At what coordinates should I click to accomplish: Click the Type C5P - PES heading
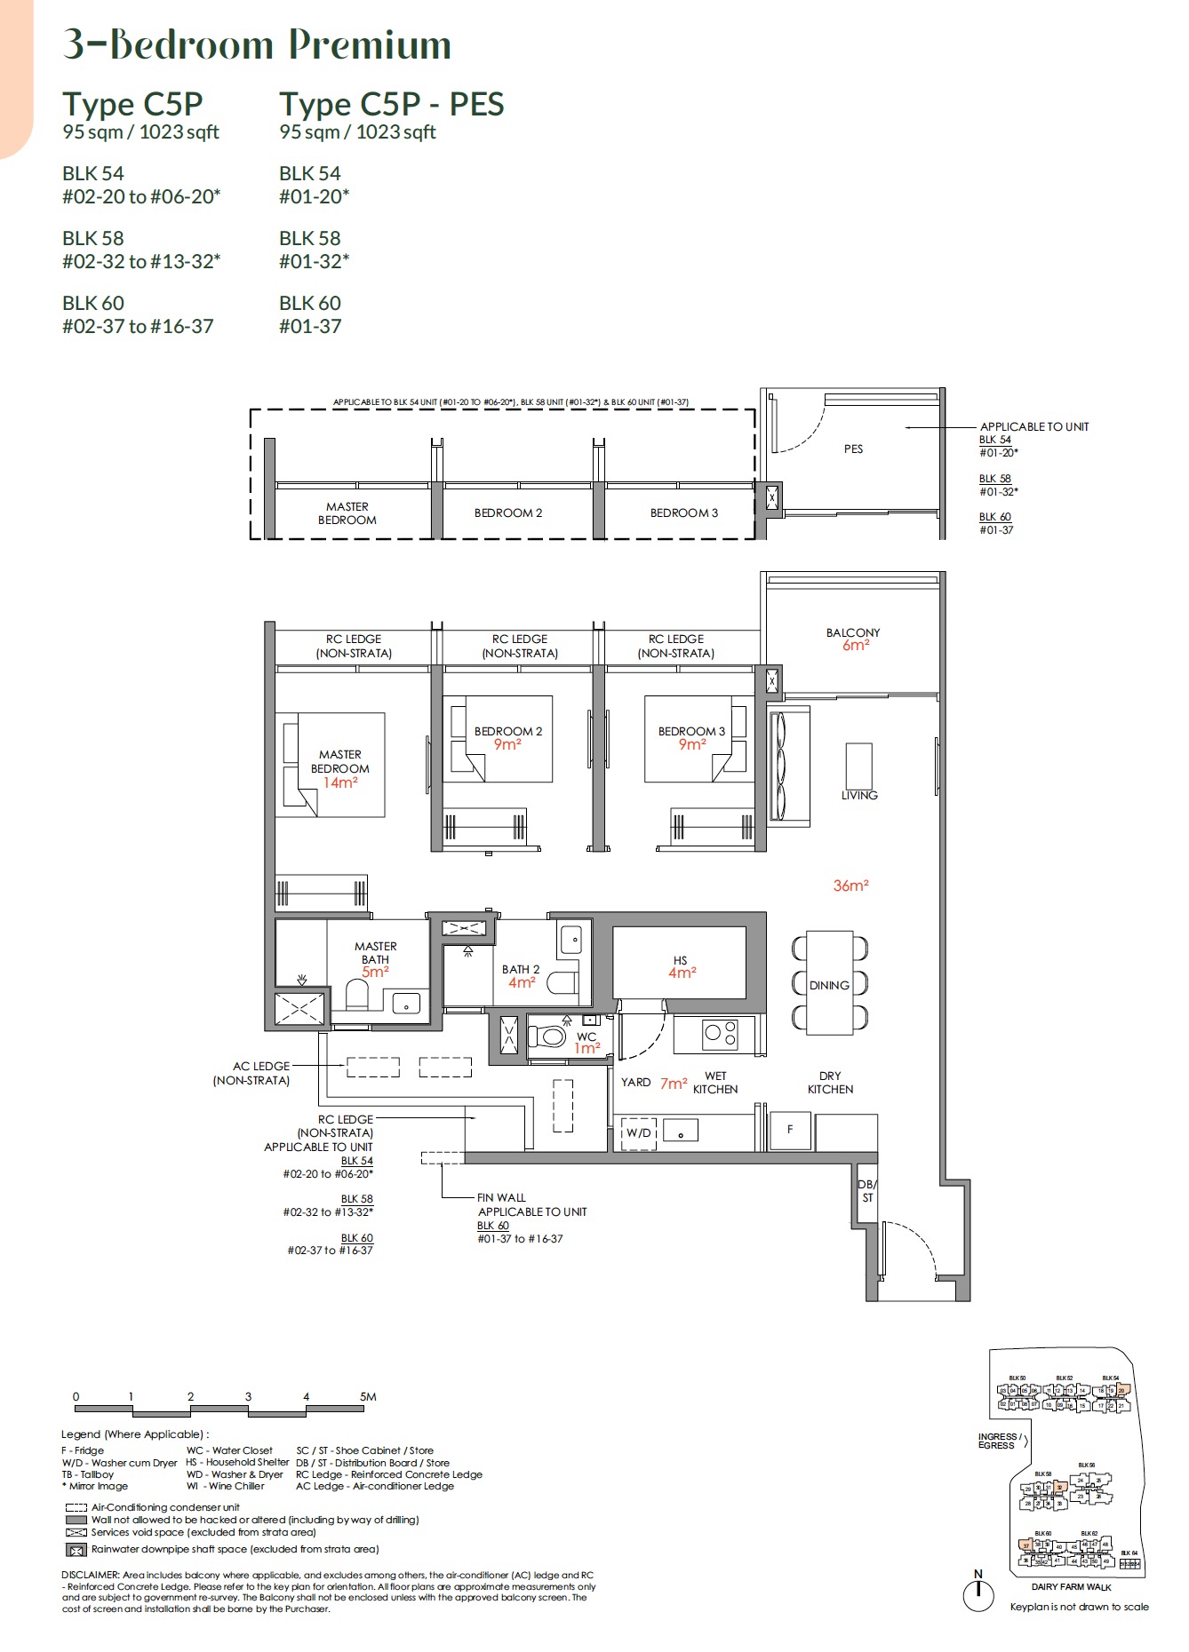tap(391, 105)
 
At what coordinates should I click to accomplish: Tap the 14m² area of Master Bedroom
tap(340, 783)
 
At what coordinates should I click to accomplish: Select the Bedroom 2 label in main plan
tap(507, 731)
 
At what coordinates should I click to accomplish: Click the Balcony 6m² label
tap(853, 639)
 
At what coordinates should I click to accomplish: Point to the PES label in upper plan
tap(853, 449)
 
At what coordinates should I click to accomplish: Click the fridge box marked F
tap(790, 1130)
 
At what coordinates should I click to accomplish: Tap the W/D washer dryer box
tap(638, 1133)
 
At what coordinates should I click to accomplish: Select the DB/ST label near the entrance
tap(866, 1191)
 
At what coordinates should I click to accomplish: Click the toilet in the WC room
tap(549, 1036)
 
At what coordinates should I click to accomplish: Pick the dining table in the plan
tap(829, 984)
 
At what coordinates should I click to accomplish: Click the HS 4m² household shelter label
tap(681, 967)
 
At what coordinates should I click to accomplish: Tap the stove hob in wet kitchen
tap(719, 1033)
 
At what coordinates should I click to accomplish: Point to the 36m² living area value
tap(850, 886)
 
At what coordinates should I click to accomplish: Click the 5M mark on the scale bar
tap(368, 1397)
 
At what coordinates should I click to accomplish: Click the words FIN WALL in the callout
tap(501, 1197)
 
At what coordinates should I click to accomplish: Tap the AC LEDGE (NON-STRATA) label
tap(252, 1073)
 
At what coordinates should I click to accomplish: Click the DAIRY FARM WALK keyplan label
tap(1071, 1587)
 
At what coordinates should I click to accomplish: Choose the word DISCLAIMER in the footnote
tap(89, 1575)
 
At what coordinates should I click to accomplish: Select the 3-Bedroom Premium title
tap(257, 44)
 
